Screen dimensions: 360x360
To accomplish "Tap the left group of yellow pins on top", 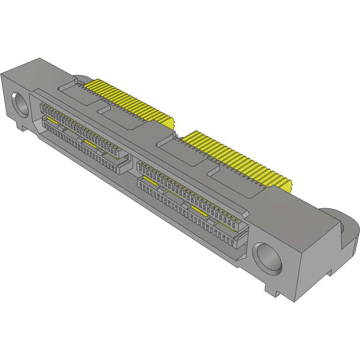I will click(130, 102).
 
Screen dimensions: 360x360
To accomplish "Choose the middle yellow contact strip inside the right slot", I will click(199, 210).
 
